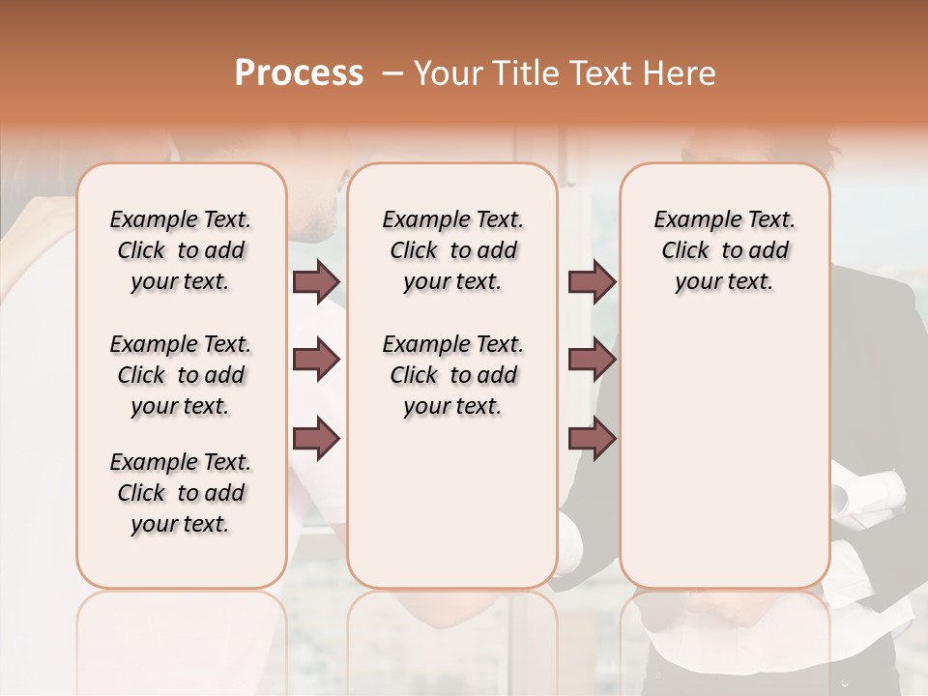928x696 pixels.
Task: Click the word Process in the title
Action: [x=299, y=73]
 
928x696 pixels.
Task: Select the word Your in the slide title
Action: [x=447, y=73]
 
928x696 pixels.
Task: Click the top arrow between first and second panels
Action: [x=316, y=282]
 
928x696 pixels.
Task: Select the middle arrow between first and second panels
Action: [x=316, y=361]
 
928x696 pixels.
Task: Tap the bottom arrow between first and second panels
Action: [x=316, y=438]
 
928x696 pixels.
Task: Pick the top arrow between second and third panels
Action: [x=592, y=282]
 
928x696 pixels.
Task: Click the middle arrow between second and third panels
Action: [x=592, y=361]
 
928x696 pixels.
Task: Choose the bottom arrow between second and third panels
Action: [x=592, y=438]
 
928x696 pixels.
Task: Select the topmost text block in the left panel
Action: [x=181, y=250]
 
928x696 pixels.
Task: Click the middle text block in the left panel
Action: [x=181, y=375]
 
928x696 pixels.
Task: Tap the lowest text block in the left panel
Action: [x=181, y=493]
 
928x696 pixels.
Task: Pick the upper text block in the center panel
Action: [x=453, y=250]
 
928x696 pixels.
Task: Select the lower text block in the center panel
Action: [x=453, y=375]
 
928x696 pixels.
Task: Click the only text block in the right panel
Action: [x=725, y=250]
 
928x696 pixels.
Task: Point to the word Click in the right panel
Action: [x=685, y=251]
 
